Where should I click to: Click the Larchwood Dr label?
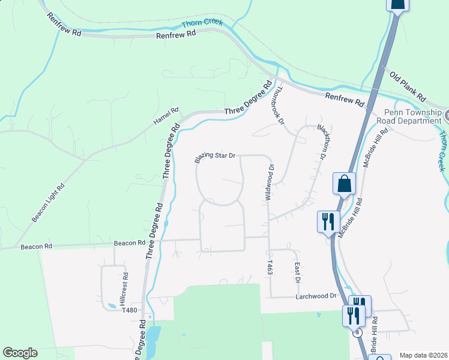pyautogui.click(x=315, y=296)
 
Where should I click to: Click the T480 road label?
pyautogui.click(x=130, y=310)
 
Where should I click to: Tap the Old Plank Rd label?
pyautogui.click(x=408, y=87)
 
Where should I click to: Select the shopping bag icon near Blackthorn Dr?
pyautogui.click(x=345, y=183)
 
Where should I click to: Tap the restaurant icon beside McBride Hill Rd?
pyautogui.click(x=328, y=221)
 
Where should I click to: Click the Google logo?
pyautogui.click(x=20, y=353)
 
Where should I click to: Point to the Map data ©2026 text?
pyautogui.click(x=423, y=355)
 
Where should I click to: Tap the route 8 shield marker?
pyautogui.click(x=358, y=332)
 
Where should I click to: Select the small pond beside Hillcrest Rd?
pyautogui.click(x=111, y=307)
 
